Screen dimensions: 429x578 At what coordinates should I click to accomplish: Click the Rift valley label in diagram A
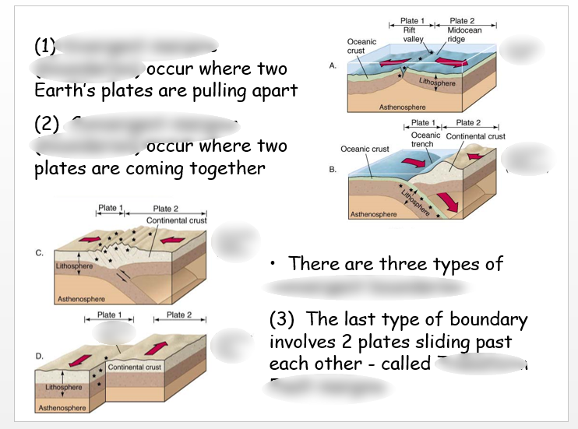(409, 34)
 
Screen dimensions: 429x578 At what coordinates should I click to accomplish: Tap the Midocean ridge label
(464, 34)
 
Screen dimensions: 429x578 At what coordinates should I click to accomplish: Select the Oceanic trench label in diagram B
(425, 139)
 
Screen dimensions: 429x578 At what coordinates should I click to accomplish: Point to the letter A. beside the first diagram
(333, 66)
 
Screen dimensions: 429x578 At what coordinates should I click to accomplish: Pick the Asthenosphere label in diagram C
(83, 298)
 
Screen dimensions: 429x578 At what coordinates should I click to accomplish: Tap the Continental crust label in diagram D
(135, 367)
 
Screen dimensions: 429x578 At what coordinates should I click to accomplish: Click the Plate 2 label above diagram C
(166, 209)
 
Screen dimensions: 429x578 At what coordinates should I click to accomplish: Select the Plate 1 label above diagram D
(110, 315)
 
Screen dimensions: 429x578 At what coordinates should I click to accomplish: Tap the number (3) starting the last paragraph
(284, 320)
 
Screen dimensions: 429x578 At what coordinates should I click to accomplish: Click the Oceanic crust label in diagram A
(361, 46)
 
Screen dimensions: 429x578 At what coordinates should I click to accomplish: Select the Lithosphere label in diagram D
(64, 387)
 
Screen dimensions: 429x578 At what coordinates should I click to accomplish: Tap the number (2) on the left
(47, 124)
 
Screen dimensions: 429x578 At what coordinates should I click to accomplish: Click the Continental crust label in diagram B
(474, 136)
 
